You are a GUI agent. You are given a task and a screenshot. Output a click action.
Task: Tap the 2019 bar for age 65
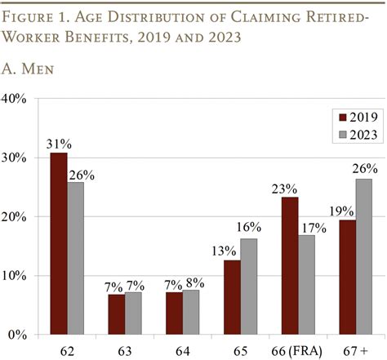pos(233,297)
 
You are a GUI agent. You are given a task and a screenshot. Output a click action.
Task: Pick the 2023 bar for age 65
pos(249,287)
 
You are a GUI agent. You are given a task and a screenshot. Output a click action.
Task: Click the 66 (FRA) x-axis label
pos(299,350)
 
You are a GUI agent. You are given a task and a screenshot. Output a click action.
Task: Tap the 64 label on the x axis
pos(183,350)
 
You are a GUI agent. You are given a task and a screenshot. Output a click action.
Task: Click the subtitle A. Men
pos(30,71)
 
